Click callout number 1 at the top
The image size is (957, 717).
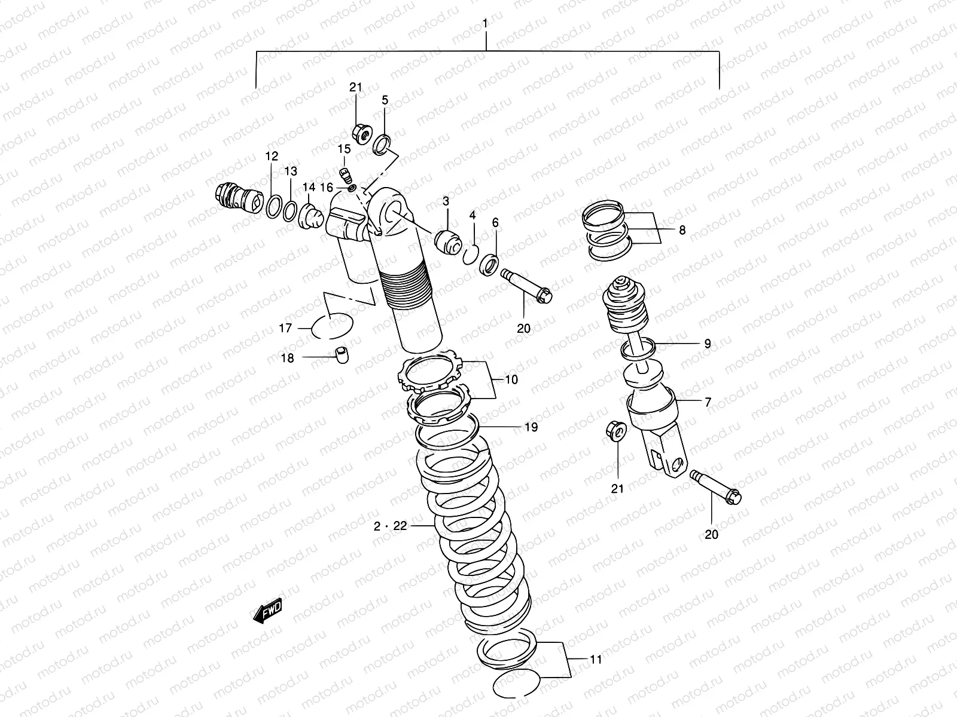click(x=485, y=24)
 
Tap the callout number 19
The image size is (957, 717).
click(x=531, y=427)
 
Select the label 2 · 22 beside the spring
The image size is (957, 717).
click(x=390, y=526)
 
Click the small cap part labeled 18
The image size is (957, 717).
click(x=342, y=355)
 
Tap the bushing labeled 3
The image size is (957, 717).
click(x=449, y=241)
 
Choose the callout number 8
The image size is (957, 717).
click(x=682, y=230)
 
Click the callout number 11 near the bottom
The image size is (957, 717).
click(x=595, y=660)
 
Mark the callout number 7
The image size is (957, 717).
click(x=708, y=403)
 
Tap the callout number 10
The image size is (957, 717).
click(x=511, y=379)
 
